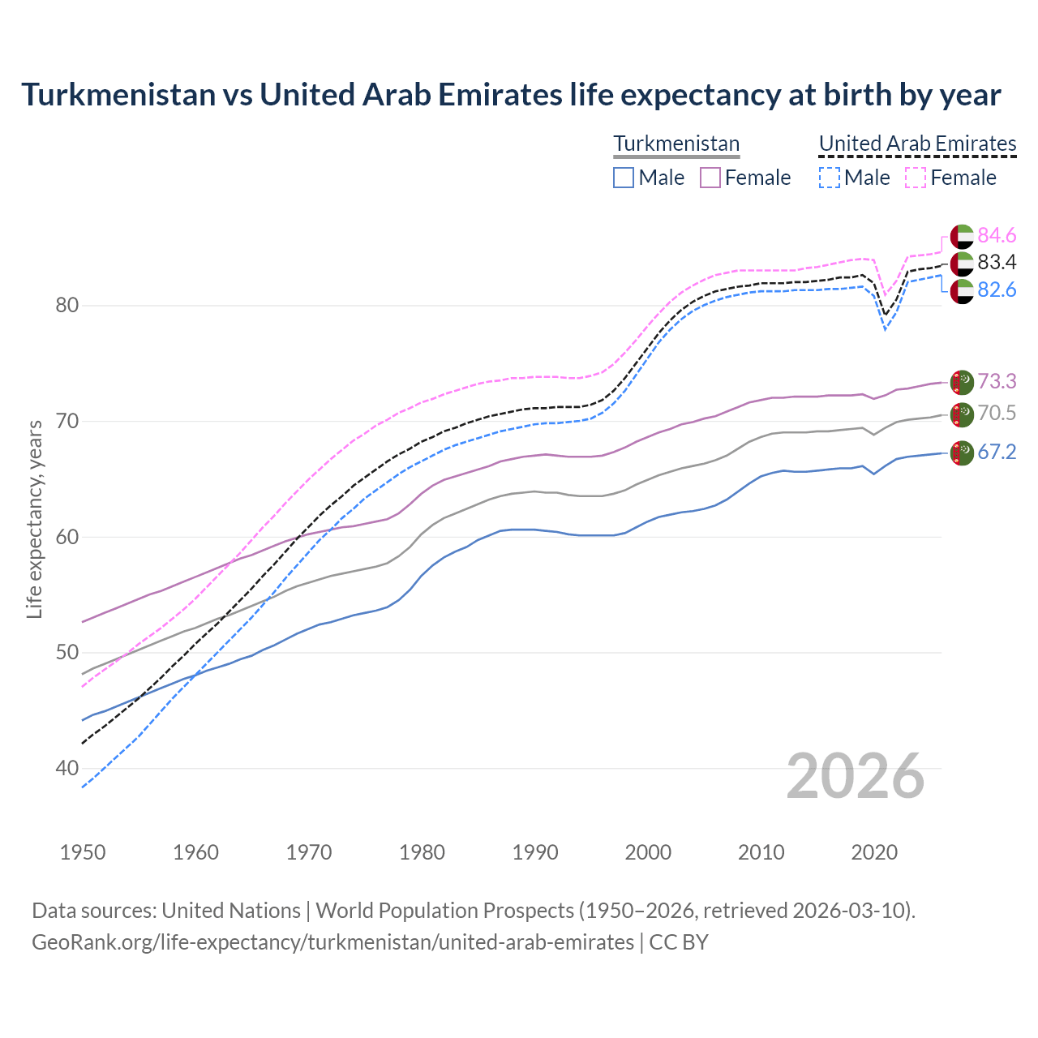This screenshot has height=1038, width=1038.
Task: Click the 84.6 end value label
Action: click(997, 235)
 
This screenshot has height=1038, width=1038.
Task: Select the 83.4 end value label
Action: click(997, 262)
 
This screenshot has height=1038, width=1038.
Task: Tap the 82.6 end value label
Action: click(997, 290)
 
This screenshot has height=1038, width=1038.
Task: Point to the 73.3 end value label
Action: click(997, 381)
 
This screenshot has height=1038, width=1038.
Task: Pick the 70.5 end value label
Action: click(997, 414)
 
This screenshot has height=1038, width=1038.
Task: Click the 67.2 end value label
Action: click(997, 452)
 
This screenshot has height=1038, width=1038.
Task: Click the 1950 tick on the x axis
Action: click(83, 852)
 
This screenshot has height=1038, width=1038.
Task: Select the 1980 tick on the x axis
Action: click(422, 852)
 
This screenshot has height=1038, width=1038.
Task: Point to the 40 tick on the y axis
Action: click(67, 768)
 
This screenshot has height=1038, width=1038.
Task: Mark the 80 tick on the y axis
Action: click(67, 306)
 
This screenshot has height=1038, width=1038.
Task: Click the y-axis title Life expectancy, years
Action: click(34, 519)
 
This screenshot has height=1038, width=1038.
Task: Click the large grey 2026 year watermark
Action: click(856, 776)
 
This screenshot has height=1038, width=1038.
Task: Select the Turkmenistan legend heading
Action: click(676, 144)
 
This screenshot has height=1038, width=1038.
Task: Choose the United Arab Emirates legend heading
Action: click(917, 144)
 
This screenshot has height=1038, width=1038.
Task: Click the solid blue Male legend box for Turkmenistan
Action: click(624, 178)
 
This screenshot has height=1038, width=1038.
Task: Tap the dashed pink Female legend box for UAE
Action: click(915, 178)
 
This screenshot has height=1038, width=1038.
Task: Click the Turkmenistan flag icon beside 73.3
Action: click(962, 381)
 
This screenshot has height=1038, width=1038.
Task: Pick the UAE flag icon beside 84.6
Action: click(962, 236)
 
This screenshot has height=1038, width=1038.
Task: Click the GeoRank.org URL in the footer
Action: click(332, 942)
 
